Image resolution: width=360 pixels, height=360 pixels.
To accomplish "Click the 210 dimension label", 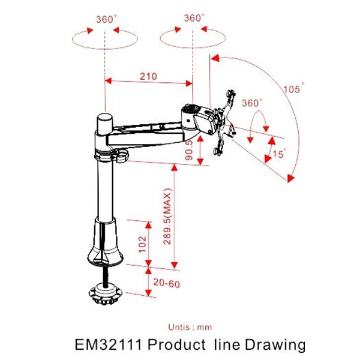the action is pos(148,76).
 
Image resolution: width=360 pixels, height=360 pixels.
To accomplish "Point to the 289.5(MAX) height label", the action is pos(167,217).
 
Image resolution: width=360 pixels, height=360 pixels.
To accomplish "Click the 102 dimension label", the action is pos(143,244).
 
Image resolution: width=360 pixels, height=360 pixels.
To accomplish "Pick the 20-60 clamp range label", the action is pos(166,283).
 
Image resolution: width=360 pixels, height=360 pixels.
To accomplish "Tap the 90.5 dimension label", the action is pos(190,150).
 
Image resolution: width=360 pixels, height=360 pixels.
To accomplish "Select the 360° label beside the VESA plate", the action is pos(252,103).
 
